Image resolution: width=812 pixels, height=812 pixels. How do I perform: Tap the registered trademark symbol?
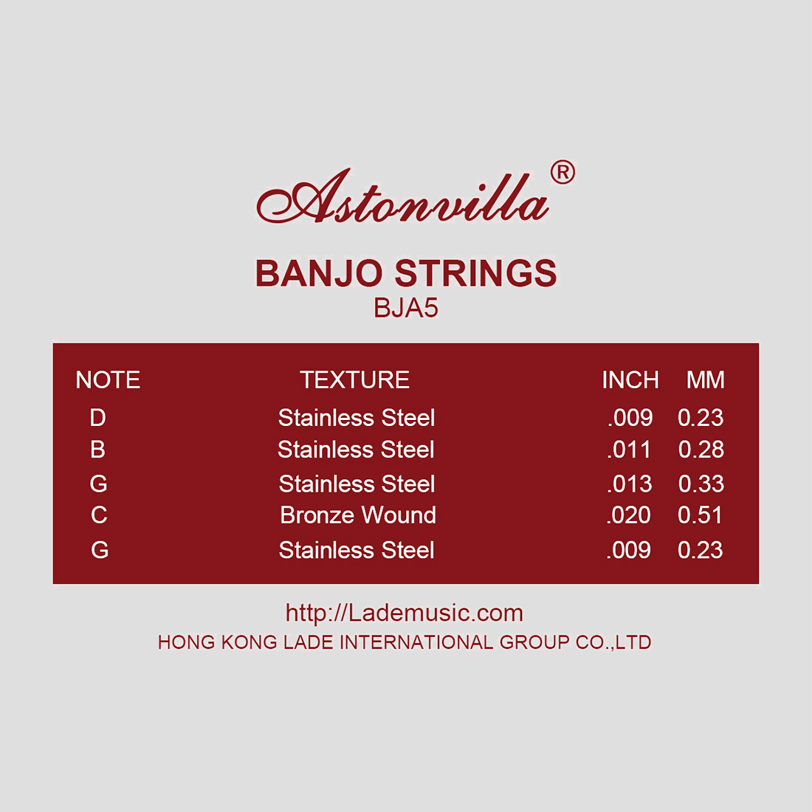pos(563,173)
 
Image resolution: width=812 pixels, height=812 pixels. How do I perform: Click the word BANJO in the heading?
pos(319,273)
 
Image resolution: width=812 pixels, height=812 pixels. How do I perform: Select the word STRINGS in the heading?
pos(476,273)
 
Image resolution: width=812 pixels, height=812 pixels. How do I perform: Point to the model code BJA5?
pos(406,308)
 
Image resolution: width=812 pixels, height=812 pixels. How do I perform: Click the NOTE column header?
pos(108,380)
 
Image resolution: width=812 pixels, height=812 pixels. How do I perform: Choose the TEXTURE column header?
pos(355,380)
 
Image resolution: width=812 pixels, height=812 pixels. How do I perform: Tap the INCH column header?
pos(630,380)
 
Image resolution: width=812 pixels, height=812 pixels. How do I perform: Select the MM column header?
pos(705,380)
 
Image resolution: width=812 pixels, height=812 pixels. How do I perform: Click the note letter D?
pos(98,417)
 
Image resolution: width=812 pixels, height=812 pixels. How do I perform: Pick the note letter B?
pos(98,449)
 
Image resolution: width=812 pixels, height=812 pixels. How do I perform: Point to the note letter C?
pos(99,515)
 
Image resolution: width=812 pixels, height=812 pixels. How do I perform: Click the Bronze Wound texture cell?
pos(358,515)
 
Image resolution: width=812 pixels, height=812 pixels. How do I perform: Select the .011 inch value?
pos(629,450)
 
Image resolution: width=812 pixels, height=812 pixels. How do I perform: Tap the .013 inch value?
pos(629,484)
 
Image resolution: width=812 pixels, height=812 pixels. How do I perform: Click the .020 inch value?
pos(629,515)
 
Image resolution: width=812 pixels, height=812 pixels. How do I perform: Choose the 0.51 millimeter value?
pos(700,515)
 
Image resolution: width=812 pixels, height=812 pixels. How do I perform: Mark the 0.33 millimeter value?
pos(701,484)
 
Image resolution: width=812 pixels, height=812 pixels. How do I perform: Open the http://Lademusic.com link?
pos(405,613)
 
